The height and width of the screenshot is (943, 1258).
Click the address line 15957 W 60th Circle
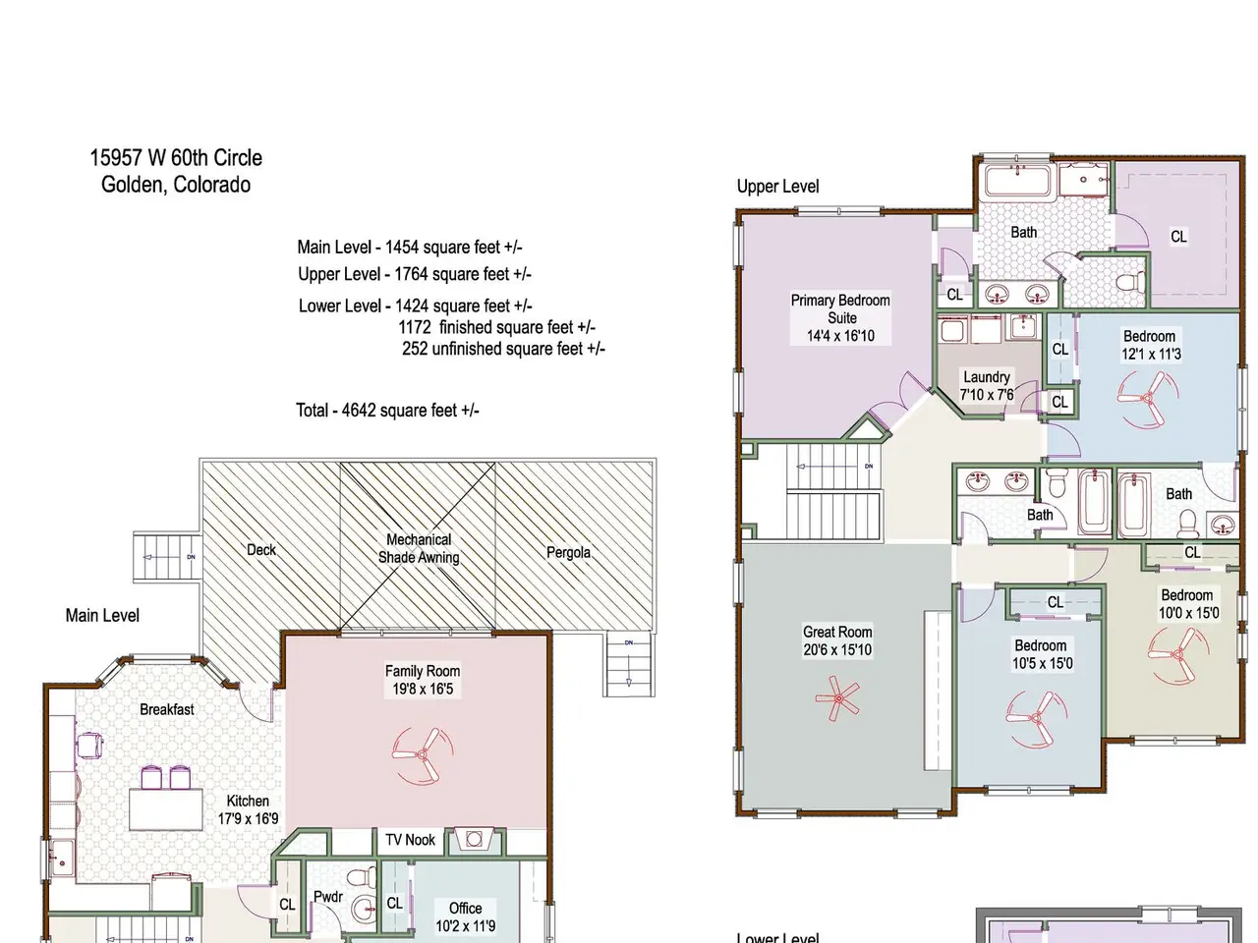coord(176,157)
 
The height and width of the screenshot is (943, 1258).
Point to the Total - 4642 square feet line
coord(387,410)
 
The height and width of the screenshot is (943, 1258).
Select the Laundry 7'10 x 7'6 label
coord(987,386)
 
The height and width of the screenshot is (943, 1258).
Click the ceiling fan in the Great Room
coord(837,698)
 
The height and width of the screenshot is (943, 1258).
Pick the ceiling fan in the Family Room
coord(423,755)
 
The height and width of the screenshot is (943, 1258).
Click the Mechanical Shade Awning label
coord(419,548)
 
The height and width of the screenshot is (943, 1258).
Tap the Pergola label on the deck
coord(568,552)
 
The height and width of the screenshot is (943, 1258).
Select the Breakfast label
coord(167,709)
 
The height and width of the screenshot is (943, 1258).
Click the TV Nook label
coord(411,840)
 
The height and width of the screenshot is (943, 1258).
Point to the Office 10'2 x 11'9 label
coord(466,916)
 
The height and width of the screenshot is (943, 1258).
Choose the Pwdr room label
coord(328,897)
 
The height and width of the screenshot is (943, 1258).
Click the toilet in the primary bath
coord(1131,282)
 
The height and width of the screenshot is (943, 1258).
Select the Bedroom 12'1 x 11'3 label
coord(1151,345)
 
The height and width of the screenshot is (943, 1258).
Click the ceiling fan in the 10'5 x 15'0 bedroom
coord(1036,719)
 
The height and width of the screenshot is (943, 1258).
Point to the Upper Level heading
coord(777,187)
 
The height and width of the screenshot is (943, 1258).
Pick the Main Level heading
coord(102,616)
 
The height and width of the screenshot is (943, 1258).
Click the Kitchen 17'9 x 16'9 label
coord(248,809)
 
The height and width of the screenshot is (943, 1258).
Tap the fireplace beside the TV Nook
coord(474,840)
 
